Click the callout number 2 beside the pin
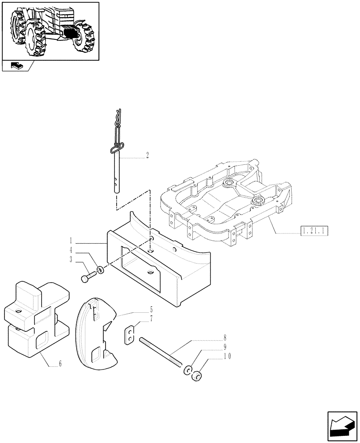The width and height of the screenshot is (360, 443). pyautogui.click(x=147, y=155)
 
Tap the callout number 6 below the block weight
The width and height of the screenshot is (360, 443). pyautogui.click(x=60, y=364)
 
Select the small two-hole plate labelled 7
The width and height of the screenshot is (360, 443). pyautogui.click(x=129, y=334)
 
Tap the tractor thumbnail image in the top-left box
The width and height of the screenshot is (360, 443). pyautogui.click(x=50, y=31)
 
